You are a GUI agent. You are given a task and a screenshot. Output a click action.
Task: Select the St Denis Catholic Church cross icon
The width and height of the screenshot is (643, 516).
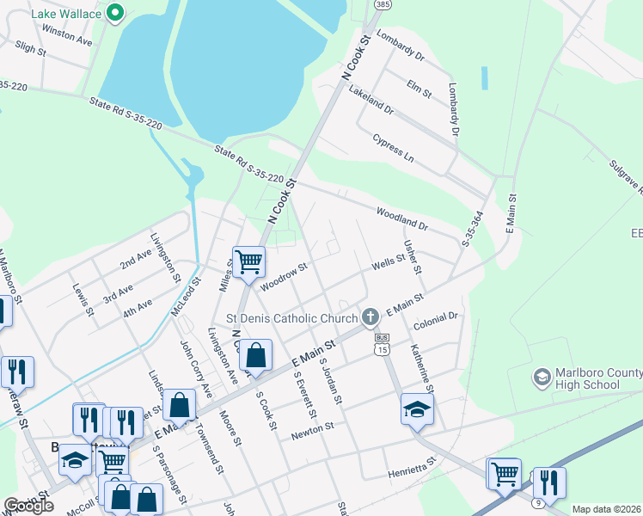[x=370, y=317]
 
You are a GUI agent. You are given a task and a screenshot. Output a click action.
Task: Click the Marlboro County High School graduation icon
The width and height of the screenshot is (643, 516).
[x=542, y=377]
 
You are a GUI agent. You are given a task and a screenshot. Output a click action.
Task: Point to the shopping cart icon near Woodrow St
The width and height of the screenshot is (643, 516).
[x=248, y=261]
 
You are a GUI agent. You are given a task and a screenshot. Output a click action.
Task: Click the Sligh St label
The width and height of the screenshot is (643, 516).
[x=30, y=51]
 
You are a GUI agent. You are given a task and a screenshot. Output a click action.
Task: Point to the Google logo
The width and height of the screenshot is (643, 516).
[x=29, y=506]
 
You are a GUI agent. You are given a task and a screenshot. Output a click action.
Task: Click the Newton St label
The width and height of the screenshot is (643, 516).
[x=312, y=427]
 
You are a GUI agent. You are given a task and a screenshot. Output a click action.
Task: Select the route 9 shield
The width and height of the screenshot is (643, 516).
[x=537, y=501]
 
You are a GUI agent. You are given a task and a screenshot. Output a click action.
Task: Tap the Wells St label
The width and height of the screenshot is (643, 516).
[x=388, y=261]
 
